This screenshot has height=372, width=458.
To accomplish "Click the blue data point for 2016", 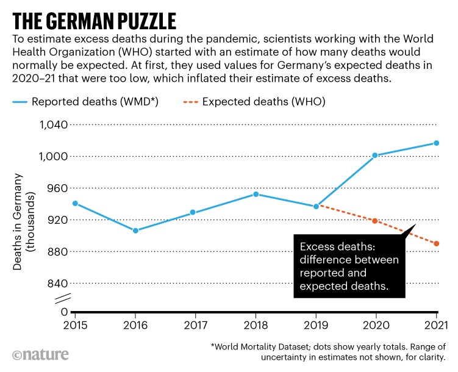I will pyautogui.click(x=135, y=231).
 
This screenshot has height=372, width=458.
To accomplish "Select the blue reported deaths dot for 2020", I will pyautogui.click(x=374, y=155).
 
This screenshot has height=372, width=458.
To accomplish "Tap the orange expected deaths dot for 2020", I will pyautogui.click(x=374, y=221).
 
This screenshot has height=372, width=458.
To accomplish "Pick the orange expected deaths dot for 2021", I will pyautogui.click(x=436, y=244).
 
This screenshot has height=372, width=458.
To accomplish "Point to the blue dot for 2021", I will pyautogui.click(x=436, y=143).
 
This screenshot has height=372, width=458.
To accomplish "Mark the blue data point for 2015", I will pyautogui.click(x=75, y=203).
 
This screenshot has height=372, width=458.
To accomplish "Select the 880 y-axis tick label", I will pyautogui.click(x=57, y=252).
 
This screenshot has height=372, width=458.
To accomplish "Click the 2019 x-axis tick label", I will pyautogui.click(x=315, y=324).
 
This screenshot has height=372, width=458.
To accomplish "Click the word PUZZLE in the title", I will pyautogui.click(x=133, y=21).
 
